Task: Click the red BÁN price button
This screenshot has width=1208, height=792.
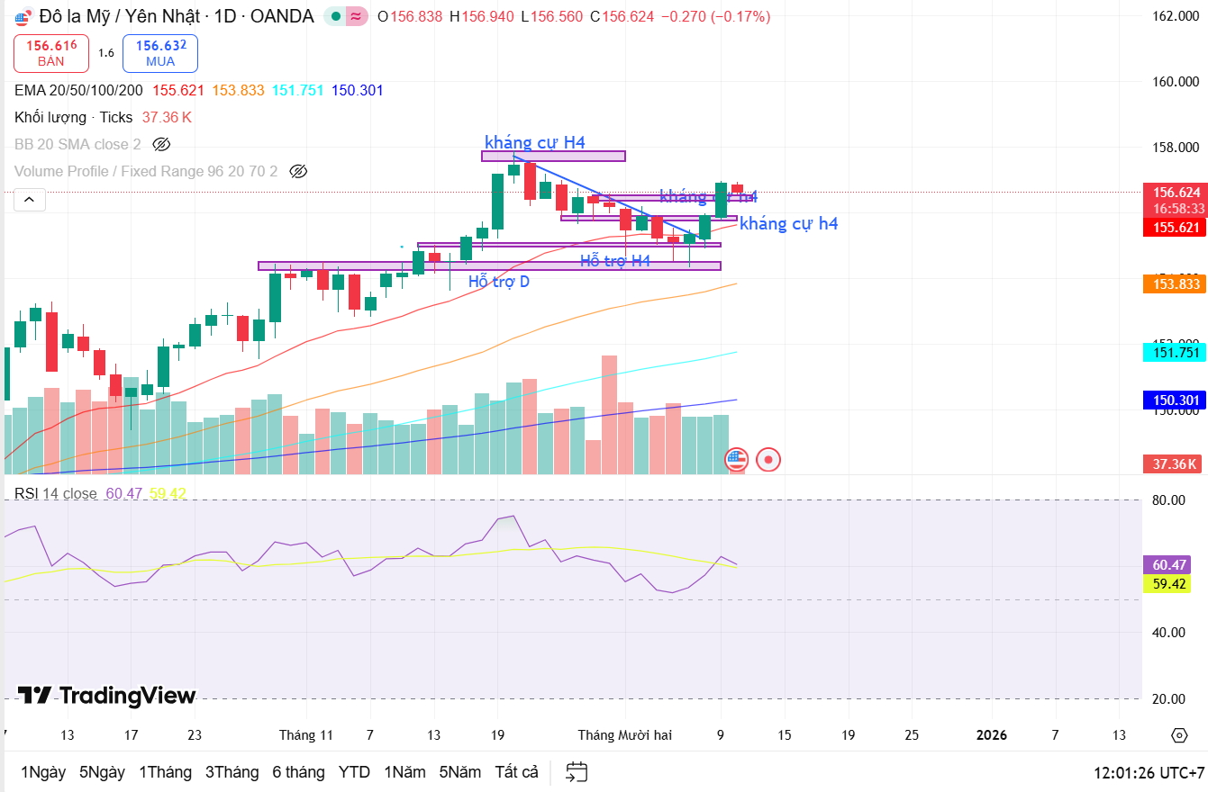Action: click(x=51, y=53)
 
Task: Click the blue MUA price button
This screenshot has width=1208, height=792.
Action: click(x=160, y=53)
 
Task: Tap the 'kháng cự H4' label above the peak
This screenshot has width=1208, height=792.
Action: click(x=535, y=142)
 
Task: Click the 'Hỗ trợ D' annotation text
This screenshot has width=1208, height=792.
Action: click(x=499, y=282)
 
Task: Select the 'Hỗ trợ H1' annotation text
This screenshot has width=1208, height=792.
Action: click(x=615, y=261)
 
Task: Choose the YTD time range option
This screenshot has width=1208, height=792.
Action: click(x=354, y=772)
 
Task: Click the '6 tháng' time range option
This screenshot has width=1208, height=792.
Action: click(x=298, y=772)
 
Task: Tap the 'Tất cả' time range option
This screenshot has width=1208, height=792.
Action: click(x=516, y=772)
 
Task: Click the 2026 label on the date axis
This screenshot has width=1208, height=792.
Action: click(x=991, y=735)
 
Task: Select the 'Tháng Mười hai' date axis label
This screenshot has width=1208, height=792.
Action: click(x=624, y=735)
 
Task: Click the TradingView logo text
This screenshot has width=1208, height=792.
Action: click(x=107, y=696)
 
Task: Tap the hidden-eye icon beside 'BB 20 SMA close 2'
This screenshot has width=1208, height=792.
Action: click(x=161, y=144)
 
